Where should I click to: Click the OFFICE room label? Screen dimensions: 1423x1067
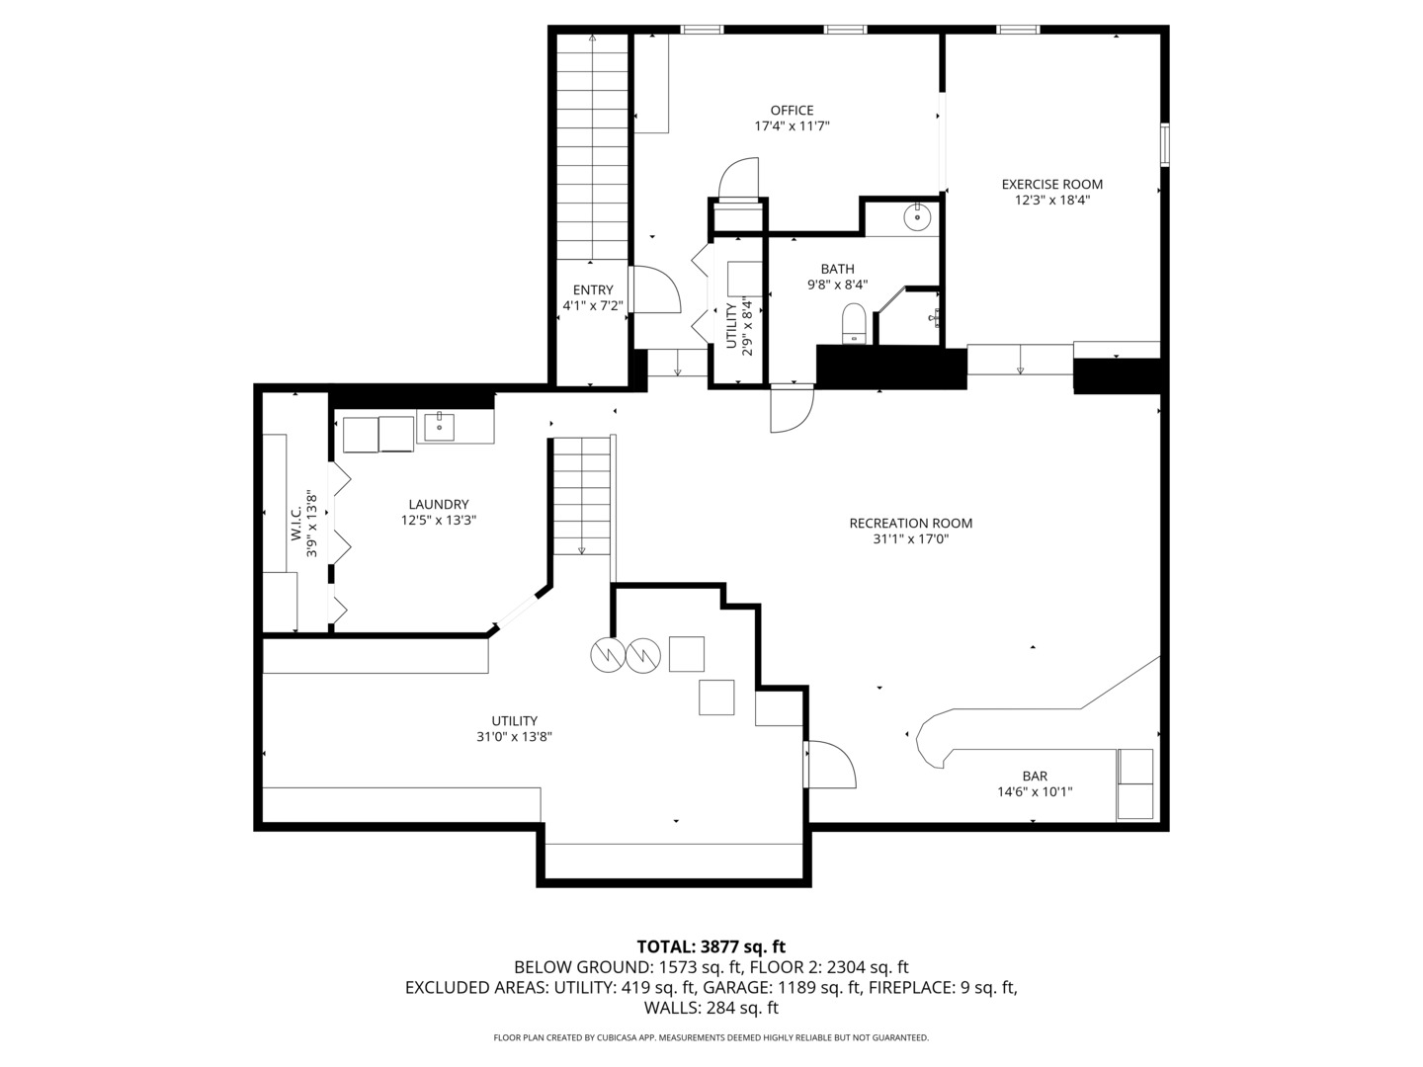[x=792, y=110]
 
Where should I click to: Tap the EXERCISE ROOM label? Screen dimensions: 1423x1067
[x=1051, y=184]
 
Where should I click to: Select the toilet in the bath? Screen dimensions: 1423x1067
[x=854, y=323]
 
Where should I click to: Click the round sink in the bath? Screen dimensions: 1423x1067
[x=917, y=216]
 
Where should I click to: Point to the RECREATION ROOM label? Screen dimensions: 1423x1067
[x=911, y=523]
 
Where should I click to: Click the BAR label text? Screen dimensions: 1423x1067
[x=1035, y=776]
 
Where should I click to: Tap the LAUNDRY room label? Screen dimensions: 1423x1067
[x=438, y=504]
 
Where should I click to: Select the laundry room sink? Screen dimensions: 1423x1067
[x=439, y=427]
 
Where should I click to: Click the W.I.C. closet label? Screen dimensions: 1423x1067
[x=295, y=524]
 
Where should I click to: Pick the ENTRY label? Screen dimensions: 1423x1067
[x=593, y=289]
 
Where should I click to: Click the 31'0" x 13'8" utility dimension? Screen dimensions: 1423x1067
[x=514, y=737]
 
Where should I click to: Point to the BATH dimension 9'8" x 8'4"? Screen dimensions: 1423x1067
[x=837, y=284]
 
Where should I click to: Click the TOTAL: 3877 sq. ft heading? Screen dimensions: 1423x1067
[x=711, y=947]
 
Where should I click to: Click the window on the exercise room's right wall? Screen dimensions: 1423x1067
[x=1164, y=144]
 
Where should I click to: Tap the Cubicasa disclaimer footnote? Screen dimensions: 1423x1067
[x=711, y=1037]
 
